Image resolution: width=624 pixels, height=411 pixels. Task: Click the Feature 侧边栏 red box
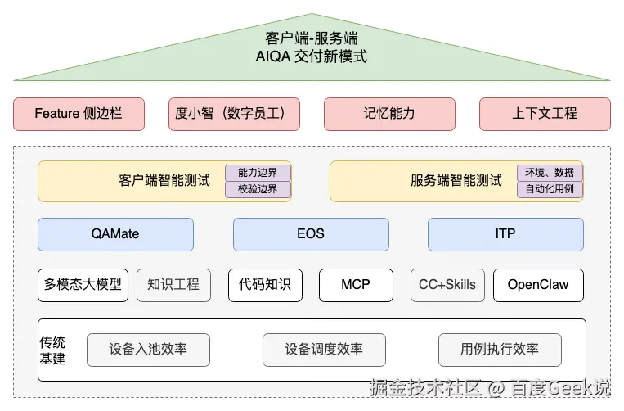(79, 114)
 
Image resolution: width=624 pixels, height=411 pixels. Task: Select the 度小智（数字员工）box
(234, 114)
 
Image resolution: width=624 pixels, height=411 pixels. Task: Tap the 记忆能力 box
(389, 114)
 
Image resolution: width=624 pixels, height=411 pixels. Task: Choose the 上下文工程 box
(545, 114)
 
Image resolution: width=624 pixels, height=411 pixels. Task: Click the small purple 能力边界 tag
(258, 173)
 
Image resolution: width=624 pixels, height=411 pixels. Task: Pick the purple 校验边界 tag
(258, 189)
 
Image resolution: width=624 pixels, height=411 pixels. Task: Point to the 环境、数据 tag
(550, 173)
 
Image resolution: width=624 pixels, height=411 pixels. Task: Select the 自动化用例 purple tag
(550, 189)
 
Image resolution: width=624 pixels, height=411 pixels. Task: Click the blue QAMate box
(115, 234)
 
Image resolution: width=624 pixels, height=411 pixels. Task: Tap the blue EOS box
(311, 234)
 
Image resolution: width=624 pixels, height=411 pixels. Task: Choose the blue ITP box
(505, 234)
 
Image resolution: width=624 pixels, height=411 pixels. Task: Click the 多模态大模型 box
(83, 285)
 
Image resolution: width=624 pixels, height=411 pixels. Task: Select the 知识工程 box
(173, 285)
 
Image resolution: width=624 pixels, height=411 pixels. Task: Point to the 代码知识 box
(265, 285)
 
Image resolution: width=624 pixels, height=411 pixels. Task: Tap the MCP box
(356, 285)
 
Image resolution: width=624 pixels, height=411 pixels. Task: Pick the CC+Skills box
(447, 285)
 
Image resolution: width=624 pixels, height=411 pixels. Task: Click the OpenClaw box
(538, 285)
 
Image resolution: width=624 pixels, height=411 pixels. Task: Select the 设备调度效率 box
(324, 350)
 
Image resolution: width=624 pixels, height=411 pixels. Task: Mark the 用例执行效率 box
(500, 350)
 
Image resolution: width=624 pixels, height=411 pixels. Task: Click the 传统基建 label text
(52, 350)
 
